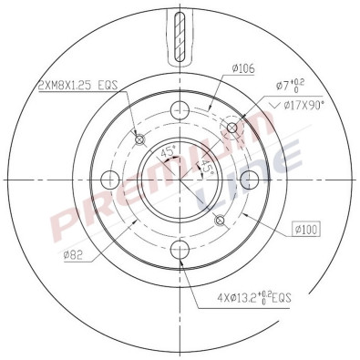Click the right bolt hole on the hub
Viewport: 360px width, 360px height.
(x=250, y=179)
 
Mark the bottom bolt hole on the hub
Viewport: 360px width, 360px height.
(x=180, y=248)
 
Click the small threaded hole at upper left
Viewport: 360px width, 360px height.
(x=139, y=139)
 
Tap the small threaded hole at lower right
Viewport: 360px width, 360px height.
(x=219, y=219)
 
